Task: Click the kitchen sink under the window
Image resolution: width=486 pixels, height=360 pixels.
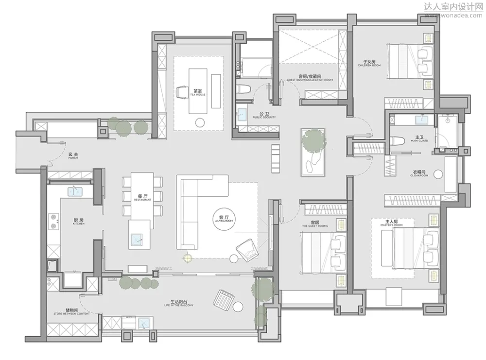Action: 75,191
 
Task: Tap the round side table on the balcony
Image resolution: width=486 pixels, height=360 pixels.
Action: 238,307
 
